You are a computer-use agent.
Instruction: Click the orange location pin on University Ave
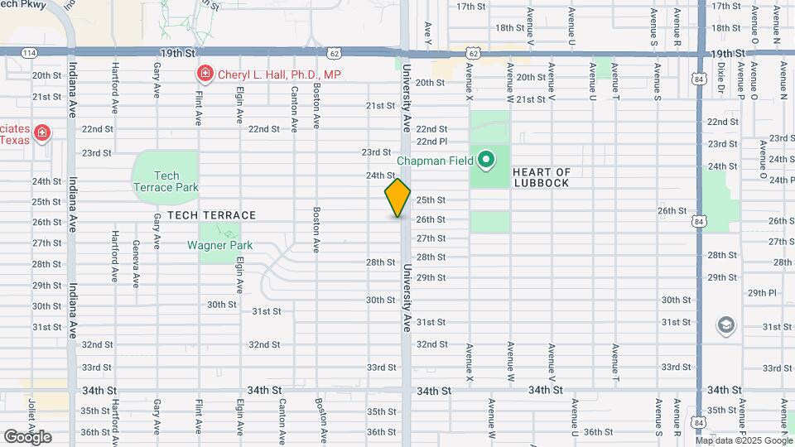pyautogui.click(x=397, y=198)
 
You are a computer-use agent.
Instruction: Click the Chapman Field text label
pyautogui.click(x=435, y=161)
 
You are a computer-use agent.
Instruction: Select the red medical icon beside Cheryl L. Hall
pyautogui.click(x=204, y=74)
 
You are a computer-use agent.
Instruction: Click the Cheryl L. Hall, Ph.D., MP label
pyautogui.click(x=279, y=74)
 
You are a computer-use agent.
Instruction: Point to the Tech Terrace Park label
pyautogui.click(x=166, y=181)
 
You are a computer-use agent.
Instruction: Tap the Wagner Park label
pyautogui.click(x=219, y=245)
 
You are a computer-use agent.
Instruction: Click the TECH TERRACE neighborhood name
pyautogui.click(x=212, y=215)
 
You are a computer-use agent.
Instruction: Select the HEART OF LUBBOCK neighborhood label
pyautogui.click(x=542, y=177)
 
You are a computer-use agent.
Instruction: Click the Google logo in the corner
pyautogui.click(x=27, y=436)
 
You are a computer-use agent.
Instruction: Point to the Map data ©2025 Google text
pyautogui.click(x=744, y=440)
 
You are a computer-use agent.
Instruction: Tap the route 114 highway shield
pyautogui.click(x=28, y=52)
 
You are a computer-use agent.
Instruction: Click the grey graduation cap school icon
pyautogui.click(x=726, y=324)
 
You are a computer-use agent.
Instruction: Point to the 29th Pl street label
pyautogui.click(x=762, y=293)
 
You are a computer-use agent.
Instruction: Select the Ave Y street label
pyautogui.click(x=428, y=31)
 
